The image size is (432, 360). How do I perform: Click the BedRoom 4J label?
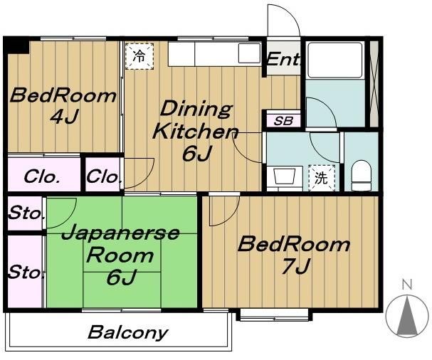(63, 105)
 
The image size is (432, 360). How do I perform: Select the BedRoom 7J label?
(293, 255)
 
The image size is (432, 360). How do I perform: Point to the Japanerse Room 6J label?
(120, 255)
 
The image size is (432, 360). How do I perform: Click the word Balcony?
(128, 332)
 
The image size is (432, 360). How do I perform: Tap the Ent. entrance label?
(282, 61)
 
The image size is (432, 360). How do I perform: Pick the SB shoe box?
(283, 120)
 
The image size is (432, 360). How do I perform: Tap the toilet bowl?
(362, 176)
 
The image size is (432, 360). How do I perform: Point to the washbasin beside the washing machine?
(283, 176)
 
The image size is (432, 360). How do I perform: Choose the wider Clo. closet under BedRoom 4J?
(42, 176)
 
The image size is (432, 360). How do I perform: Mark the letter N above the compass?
(406, 285)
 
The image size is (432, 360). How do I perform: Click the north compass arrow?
(406, 314)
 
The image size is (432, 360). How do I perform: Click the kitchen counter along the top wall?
(214, 54)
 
